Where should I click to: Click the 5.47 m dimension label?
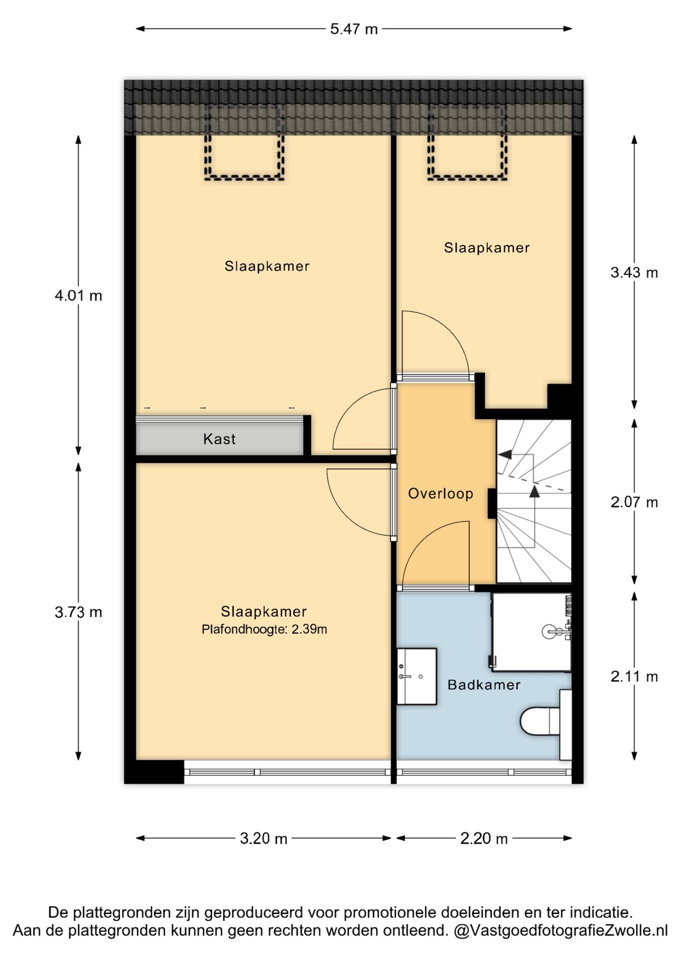click(x=354, y=29)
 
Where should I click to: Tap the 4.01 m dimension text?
click(x=78, y=296)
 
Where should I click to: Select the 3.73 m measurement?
click(x=78, y=612)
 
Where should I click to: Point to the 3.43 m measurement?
click(x=634, y=273)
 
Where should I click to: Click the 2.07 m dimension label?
click(x=634, y=502)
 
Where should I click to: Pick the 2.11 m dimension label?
click(x=634, y=676)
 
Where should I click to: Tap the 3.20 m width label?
click(x=263, y=838)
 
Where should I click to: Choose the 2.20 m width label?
click(x=484, y=838)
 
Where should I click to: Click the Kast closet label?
click(x=219, y=439)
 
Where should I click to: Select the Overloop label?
click(x=441, y=494)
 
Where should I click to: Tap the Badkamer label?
click(x=484, y=684)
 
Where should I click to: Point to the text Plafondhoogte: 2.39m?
click(x=264, y=629)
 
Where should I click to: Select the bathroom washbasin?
click(x=417, y=676)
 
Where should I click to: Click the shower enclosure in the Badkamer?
click(x=531, y=632)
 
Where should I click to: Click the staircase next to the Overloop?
click(x=534, y=501)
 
